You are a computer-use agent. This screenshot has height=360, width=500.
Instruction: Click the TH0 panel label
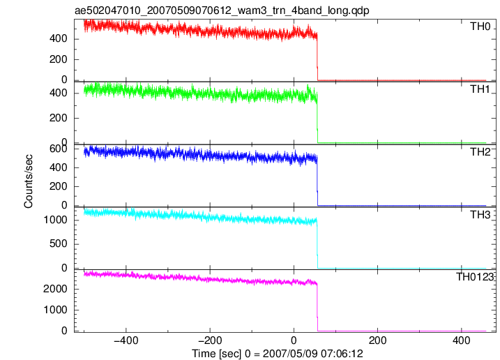click(x=480, y=27)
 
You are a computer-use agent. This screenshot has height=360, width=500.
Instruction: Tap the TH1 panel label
click(x=480, y=89)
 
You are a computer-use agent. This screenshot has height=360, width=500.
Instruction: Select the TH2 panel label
click(x=480, y=152)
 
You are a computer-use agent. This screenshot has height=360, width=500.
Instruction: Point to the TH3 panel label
click(x=480, y=215)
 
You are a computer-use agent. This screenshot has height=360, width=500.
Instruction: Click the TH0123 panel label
click(x=475, y=277)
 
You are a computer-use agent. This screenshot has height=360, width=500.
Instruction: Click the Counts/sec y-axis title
click(x=29, y=181)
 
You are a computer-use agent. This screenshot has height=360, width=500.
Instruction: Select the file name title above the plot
click(x=222, y=10)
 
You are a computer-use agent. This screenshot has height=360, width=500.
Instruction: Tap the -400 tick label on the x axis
click(x=126, y=340)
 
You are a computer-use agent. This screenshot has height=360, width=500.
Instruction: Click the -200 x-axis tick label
click(x=210, y=340)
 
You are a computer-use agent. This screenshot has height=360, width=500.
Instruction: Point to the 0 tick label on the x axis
click(x=294, y=340)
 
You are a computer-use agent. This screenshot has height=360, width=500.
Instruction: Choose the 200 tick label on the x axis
click(x=377, y=340)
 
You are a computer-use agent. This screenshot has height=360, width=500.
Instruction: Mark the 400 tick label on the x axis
click(x=462, y=340)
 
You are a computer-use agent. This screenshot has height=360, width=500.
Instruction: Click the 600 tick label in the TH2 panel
click(x=59, y=149)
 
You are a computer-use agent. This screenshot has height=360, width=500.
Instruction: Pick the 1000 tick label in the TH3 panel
click(x=56, y=220)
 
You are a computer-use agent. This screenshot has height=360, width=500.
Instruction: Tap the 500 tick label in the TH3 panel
click(x=59, y=243)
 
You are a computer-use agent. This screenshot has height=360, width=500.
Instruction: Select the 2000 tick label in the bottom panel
click(x=56, y=289)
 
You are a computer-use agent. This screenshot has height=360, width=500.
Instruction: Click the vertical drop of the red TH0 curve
click(x=317, y=57)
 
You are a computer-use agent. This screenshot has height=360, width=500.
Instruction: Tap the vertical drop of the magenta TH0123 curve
click(x=317, y=308)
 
